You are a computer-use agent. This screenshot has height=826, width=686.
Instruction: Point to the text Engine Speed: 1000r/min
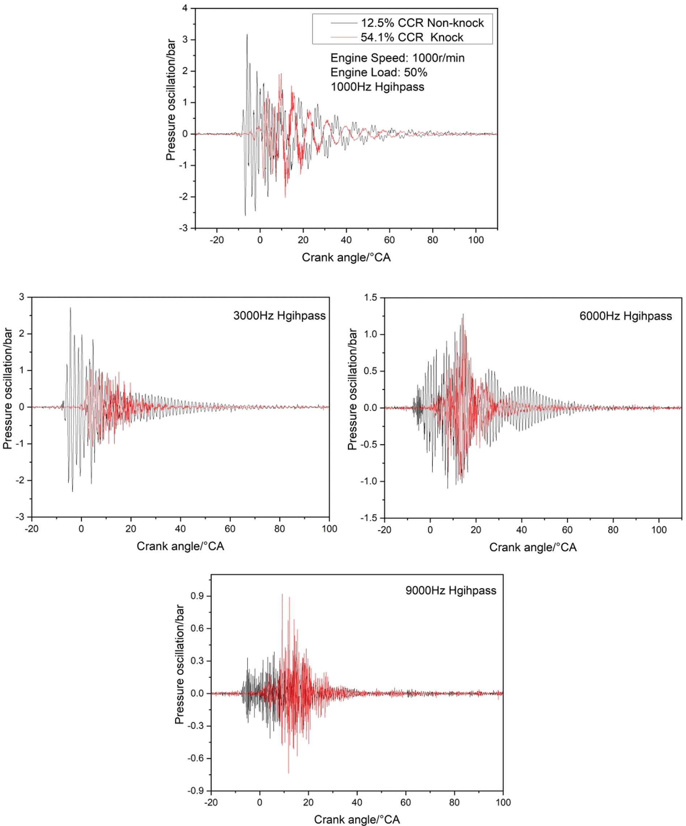(397, 58)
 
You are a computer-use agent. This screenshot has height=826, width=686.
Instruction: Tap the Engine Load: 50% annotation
(378, 72)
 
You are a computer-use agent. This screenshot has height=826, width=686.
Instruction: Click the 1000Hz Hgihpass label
(377, 87)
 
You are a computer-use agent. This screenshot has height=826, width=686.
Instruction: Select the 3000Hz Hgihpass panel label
(279, 316)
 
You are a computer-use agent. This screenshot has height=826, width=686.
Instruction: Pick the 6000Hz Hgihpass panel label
(626, 316)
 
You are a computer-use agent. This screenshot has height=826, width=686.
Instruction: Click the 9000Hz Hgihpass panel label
(451, 590)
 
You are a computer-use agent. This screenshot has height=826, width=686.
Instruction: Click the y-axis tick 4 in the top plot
(185, 8)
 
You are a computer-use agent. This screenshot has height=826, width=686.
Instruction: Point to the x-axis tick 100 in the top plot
(475, 240)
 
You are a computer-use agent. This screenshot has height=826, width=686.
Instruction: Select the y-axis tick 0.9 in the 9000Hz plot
(198, 596)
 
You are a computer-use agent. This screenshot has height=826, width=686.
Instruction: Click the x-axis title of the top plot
(346, 258)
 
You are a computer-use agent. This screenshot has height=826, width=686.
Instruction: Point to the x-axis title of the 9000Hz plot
(357, 820)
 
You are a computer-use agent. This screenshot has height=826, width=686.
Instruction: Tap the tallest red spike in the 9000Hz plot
(282, 595)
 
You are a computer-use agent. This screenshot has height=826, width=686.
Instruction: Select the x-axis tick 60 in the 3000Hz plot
(230, 529)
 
